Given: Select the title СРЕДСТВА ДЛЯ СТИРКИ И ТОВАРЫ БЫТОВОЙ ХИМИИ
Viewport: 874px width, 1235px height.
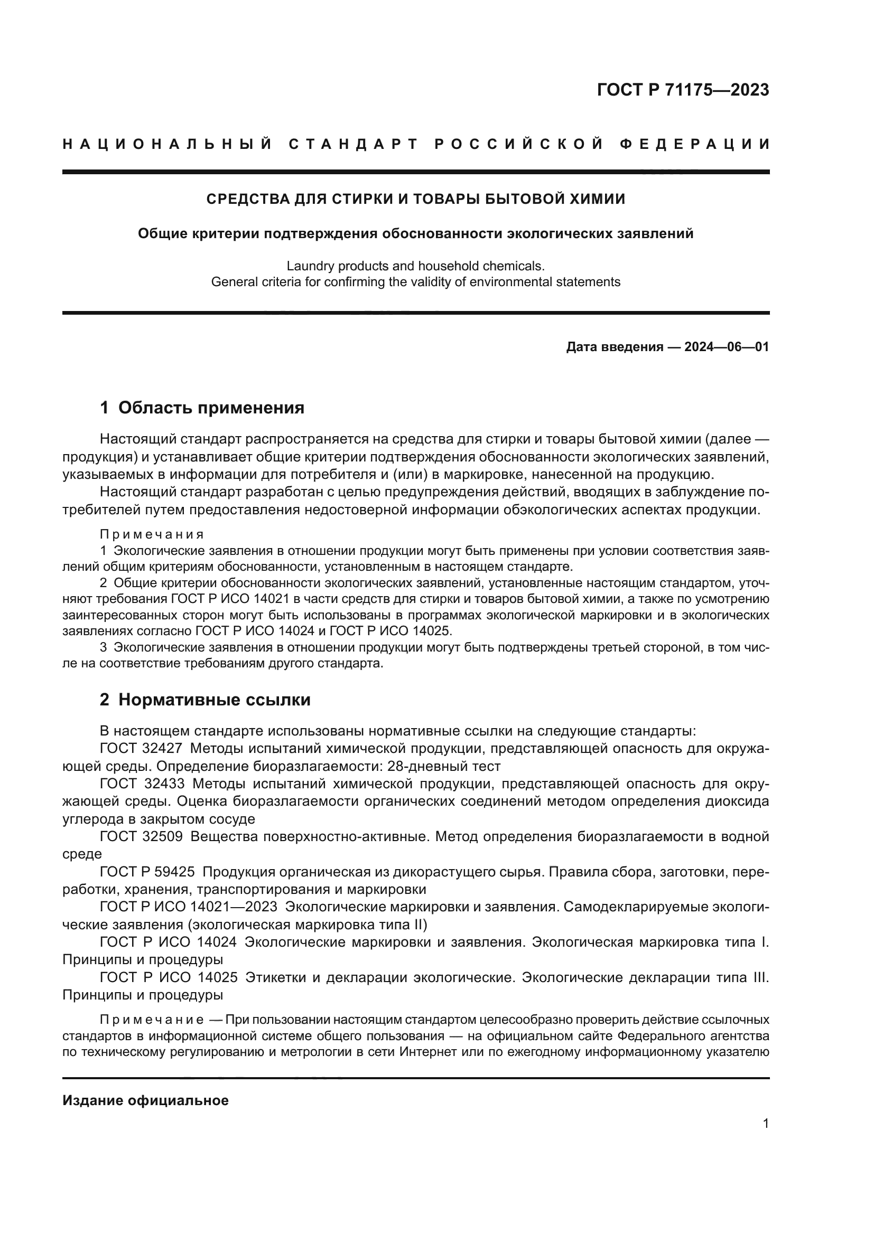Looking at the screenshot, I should click(x=415, y=199).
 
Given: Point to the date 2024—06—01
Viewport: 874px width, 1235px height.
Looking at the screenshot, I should click(x=727, y=347).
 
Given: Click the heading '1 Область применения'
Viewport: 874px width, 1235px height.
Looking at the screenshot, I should click(x=202, y=408).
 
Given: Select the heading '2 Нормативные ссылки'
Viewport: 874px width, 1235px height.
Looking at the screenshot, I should click(x=205, y=700).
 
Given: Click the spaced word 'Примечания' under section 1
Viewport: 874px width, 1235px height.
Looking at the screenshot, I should click(x=152, y=534).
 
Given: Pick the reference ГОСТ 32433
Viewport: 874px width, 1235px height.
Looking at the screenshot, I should click(x=142, y=784).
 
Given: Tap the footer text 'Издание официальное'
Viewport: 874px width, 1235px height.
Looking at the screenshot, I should click(x=145, y=1100).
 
